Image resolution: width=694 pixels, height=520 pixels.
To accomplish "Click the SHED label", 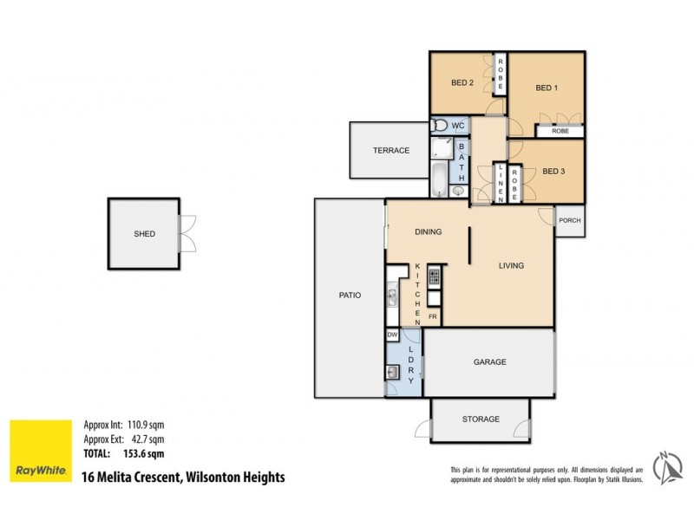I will (144, 234).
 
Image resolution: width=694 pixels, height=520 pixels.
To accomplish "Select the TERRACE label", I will (391, 151).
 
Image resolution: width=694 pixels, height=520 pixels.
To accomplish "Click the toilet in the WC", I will (440, 127).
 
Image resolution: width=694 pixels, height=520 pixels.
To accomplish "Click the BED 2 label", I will (462, 84).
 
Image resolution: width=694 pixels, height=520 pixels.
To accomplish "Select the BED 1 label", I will (546, 88).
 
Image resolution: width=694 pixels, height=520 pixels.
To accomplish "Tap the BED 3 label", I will (553, 172).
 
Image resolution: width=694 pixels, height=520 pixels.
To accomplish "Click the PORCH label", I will (570, 220).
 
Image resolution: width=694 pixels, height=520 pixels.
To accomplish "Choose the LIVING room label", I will (511, 265).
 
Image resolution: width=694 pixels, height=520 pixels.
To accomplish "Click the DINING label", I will (428, 231).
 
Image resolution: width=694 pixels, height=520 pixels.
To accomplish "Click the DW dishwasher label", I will (393, 335).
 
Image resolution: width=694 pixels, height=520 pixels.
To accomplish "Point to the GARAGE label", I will (489, 362).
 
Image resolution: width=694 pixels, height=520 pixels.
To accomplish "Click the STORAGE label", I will (481, 419).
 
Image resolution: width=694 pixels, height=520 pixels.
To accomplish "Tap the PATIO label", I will (350, 296).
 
